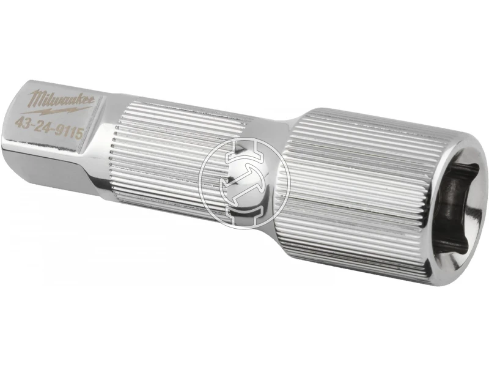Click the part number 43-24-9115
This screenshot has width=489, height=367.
pyautogui.click(x=49, y=127)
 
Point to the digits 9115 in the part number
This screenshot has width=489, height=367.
pyautogui.click(x=69, y=132)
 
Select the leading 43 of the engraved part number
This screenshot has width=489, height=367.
pyautogui.click(x=21, y=121)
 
